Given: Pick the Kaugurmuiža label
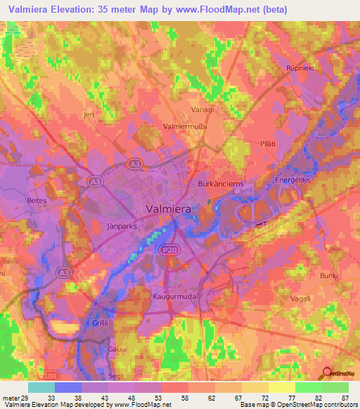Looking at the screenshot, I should (174, 297).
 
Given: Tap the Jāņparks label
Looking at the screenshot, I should (122, 227).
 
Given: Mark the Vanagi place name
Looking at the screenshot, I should (203, 110).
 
